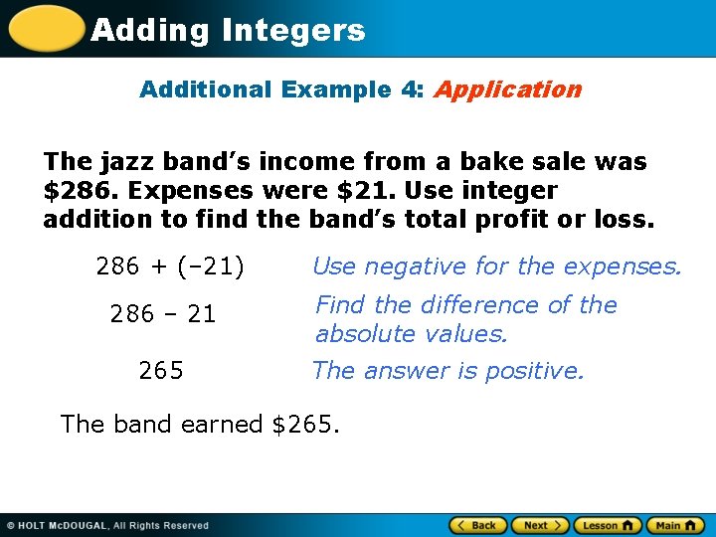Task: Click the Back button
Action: coord(478,525)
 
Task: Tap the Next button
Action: coord(542,525)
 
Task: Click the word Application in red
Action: coord(507,89)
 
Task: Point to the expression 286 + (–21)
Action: coord(170,267)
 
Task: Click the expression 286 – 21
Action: coord(163,314)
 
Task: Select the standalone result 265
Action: coord(161,371)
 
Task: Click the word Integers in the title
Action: coord(294,31)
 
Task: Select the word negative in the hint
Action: coord(416,267)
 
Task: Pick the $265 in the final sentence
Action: coord(304,424)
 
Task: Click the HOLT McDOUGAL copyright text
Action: coord(107,525)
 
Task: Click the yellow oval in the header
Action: coord(46,28)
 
